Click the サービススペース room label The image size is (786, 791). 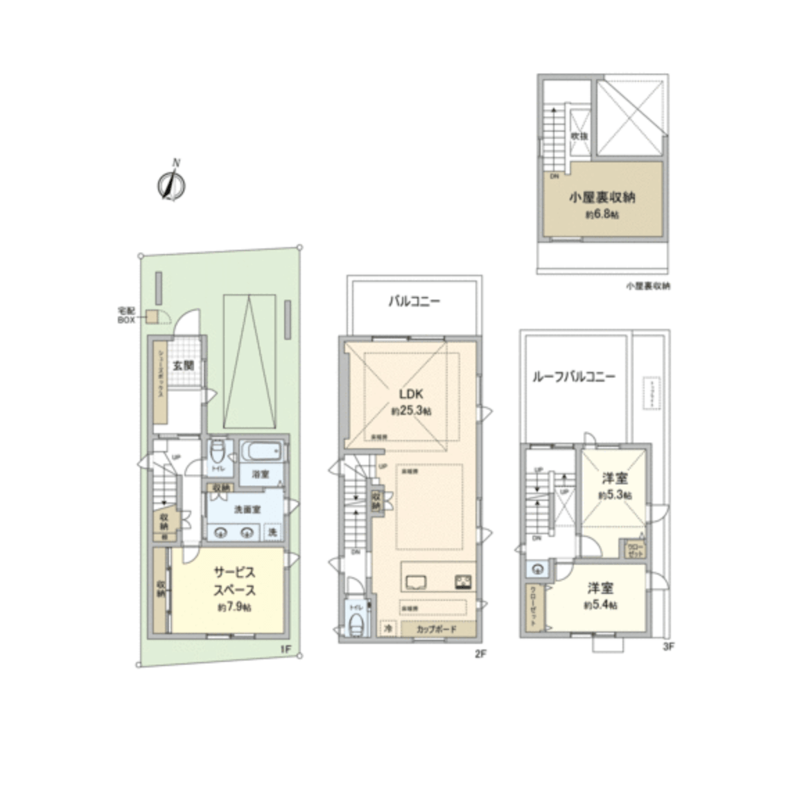click(234, 581)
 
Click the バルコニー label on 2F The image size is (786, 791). click(414, 302)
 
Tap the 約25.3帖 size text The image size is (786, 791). click(411, 411)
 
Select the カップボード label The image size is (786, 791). click(436, 629)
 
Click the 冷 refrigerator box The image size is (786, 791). click(388, 629)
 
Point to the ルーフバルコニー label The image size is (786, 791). click(574, 377)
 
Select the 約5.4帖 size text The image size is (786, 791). click(600, 605)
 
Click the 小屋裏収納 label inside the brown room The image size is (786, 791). click(602, 198)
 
